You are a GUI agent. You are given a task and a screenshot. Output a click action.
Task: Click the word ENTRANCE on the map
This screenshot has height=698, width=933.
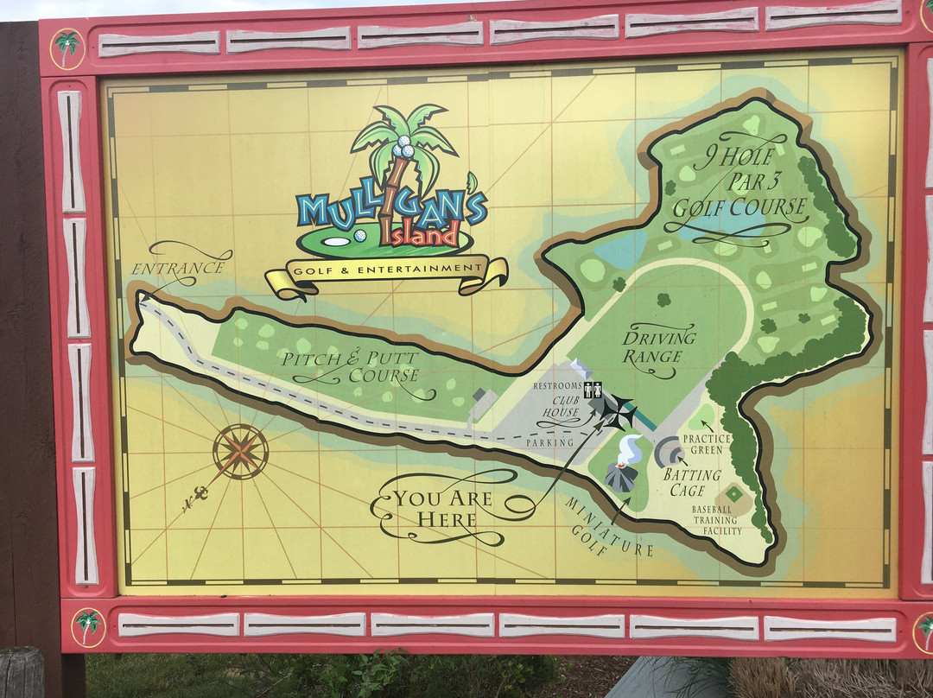tap(178, 268)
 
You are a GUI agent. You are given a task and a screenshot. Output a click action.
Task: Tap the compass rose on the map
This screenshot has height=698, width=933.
tap(240, 451)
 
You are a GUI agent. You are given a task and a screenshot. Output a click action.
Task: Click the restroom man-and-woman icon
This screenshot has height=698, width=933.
tap(593, 390)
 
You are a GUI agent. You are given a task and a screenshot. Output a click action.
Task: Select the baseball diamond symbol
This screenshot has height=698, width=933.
tap(733, 494)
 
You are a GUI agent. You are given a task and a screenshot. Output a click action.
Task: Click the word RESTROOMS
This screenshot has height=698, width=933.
tap(557, 385)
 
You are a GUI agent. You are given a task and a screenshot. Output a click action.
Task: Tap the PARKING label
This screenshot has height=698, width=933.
tap(550, 442)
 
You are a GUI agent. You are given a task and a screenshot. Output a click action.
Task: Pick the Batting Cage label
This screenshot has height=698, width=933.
tap(691, 482)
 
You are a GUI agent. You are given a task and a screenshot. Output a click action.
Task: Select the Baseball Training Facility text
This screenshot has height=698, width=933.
tap(716, 520)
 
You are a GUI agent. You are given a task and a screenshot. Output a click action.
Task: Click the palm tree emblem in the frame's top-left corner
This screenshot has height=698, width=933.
tap(67, 46)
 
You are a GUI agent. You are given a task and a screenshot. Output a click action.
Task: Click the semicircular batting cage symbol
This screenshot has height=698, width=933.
tap(669, 452)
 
